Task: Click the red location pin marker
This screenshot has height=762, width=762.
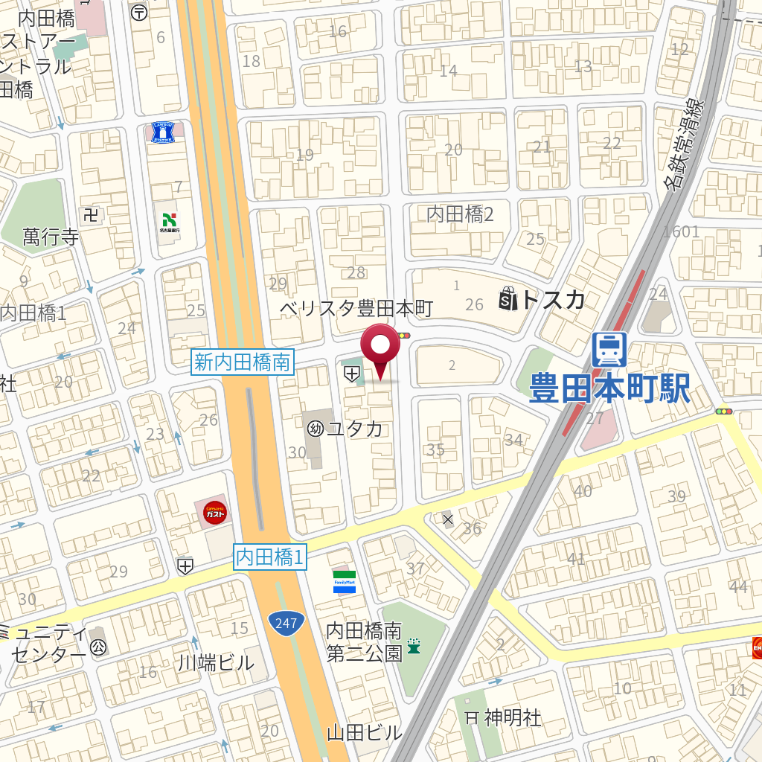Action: [x=380, y=348]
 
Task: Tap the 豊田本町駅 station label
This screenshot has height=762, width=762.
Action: [x=609, y=388]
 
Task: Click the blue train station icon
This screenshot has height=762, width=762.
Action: [x=609, y=349]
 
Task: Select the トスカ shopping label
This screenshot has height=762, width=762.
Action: [x=552, y=299]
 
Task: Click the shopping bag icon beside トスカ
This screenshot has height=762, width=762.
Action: [x=508, y=299]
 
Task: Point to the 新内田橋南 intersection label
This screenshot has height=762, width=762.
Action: [x=243, y=362]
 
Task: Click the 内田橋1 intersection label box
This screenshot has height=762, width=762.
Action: [x=270, y=557]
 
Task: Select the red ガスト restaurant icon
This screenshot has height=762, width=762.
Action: [x=215, y=512]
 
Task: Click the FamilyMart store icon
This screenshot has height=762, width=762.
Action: [x=345, y=581]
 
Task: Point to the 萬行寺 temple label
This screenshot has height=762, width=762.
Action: [x=50, y=237]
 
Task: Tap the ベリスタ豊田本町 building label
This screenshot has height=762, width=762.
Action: [x=356, y=308]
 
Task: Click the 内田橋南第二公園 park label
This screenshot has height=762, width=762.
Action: [x=365, y=642]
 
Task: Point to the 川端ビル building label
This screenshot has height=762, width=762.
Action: [x=217, y=663]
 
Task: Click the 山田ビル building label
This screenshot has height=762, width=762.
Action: [x=365, y=732]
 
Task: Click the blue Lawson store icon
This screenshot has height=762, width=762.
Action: [x=161, y=132]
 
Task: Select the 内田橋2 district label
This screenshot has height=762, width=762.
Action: [x=460, y=214]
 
